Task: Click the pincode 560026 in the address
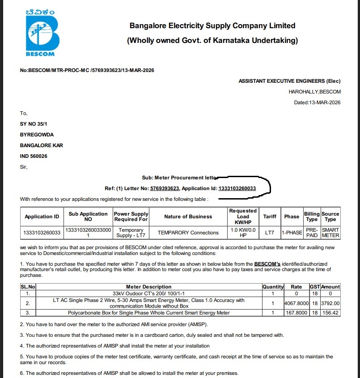38,156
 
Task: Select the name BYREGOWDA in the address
37,135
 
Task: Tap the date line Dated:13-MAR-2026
317,102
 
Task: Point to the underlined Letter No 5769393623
165,189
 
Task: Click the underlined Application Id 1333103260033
237,189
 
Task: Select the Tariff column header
270,217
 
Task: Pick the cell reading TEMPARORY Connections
188,233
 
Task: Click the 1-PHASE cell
292,233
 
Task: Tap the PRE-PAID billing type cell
312,233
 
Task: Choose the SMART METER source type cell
330,233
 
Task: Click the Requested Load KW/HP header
243,217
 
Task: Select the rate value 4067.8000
296,303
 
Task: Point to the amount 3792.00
330,303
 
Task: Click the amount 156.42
330,313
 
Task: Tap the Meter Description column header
148,287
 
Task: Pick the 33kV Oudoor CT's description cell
148,293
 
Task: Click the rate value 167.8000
296,313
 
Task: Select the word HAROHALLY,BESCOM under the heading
314,92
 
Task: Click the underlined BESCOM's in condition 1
267,264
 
